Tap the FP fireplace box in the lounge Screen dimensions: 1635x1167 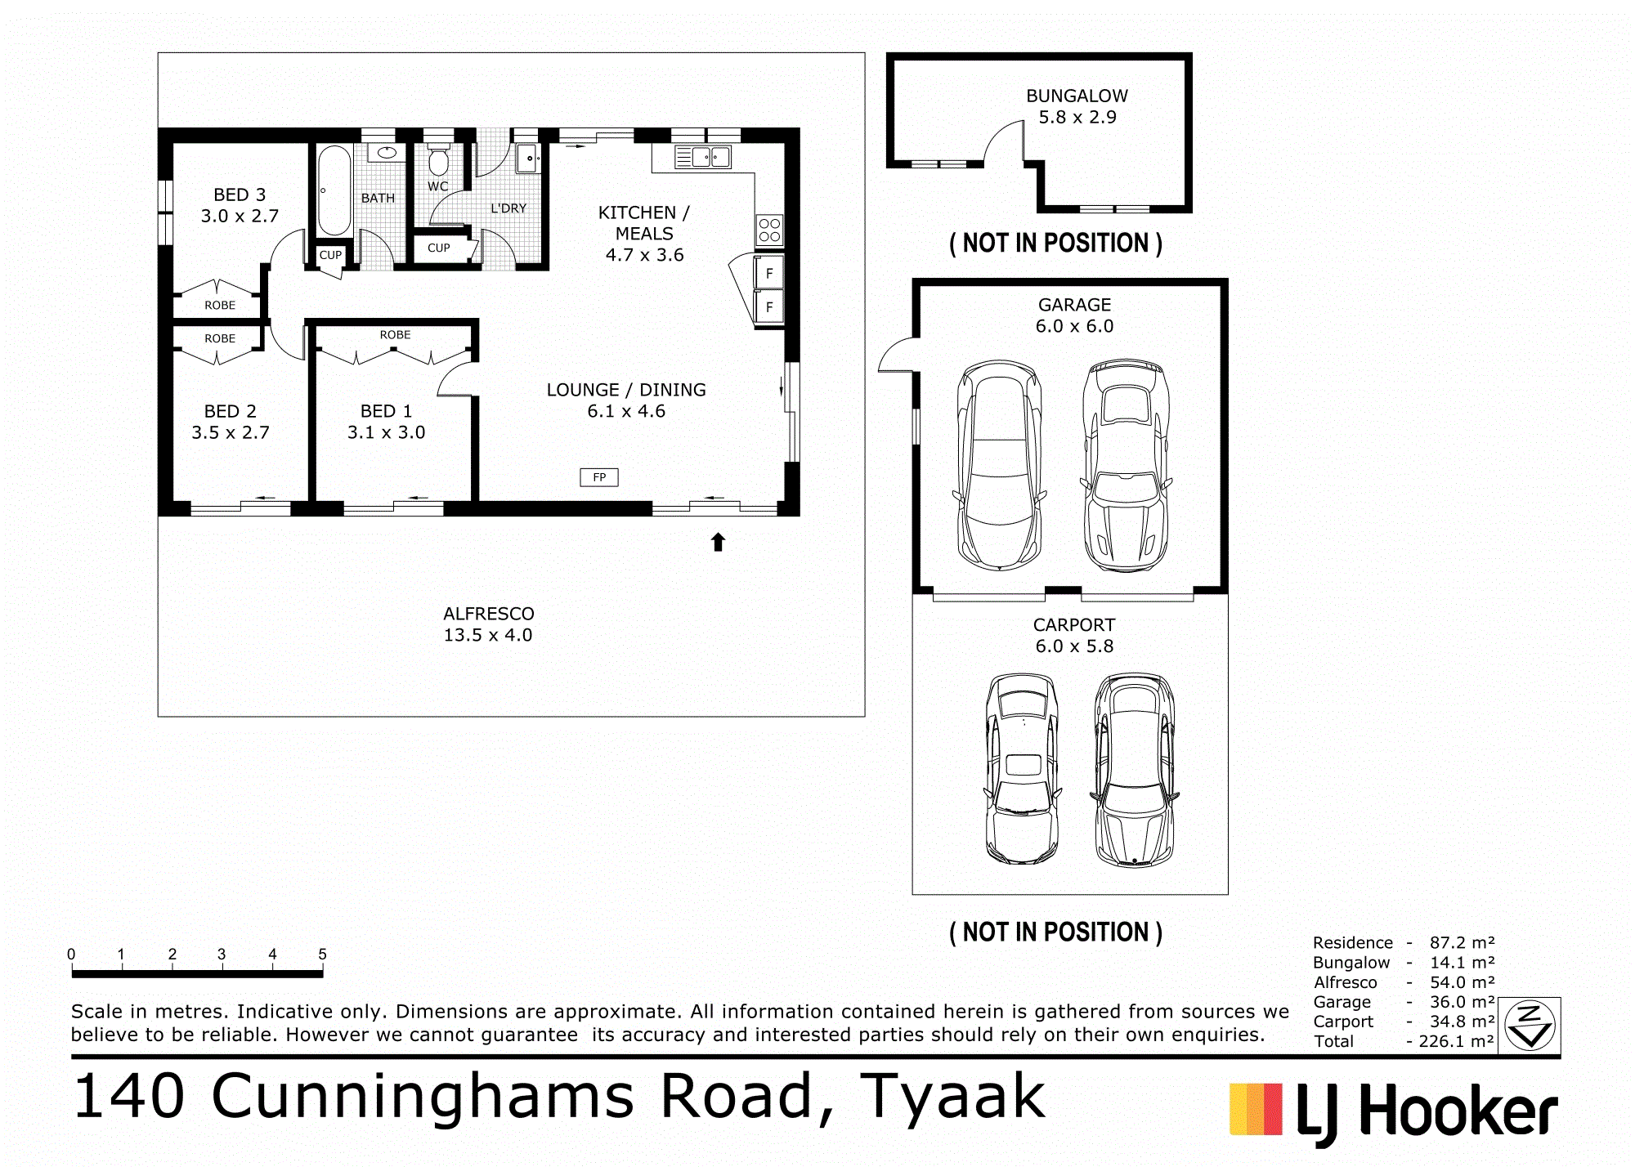(599, 477)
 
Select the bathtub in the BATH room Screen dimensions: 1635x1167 (334, 190)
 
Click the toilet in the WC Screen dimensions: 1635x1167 (439, 160)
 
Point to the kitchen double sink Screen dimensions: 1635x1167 (703, 157)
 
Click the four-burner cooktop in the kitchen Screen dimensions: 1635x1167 (769, 230)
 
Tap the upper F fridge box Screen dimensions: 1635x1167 (769, 273)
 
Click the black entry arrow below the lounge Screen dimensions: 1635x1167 (718, 542)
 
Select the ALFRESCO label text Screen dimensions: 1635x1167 (489, 614)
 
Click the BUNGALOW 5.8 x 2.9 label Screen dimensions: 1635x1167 (1077, 106)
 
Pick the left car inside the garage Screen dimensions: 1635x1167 (999, 465)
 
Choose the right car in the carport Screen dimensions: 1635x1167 (1135, 770)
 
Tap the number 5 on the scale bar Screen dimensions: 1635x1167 (322, 954)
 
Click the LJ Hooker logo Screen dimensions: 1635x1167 (1394, 1112)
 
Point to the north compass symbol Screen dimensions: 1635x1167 (1530, 1026)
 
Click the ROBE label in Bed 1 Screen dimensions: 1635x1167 (395, 335)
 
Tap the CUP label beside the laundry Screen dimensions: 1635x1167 (439, 248)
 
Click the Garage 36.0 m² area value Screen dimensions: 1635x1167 (1462, 1002)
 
